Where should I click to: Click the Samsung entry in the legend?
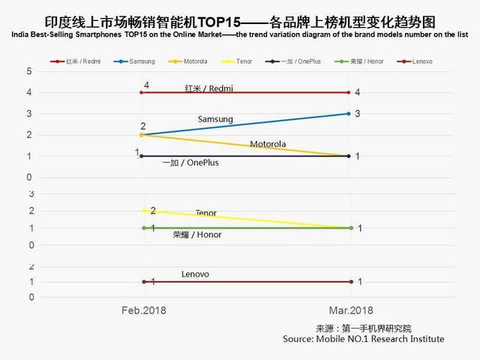click(x=140, y=61)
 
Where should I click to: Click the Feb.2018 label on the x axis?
click(x=144, y=310)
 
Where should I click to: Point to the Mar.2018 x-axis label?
click(x=349, y=310)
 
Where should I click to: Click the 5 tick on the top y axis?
click(x=29, y=71)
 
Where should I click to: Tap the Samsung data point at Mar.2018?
click(x=349, y=114)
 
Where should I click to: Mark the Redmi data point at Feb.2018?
click(x=141, y=92)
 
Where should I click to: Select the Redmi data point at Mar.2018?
click(x=349, y=92)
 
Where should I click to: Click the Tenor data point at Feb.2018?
click(x=142, y=211)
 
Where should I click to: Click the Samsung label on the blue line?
click(x=215, y=119)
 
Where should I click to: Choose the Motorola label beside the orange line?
click(x=268, y=144)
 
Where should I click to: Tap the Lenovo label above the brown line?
click(x=195, y=274)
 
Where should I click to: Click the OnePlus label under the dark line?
click(x=190, y=163)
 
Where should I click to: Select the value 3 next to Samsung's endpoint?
click(x=358, y=114)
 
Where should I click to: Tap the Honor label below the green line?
click(x=197, y=235)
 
